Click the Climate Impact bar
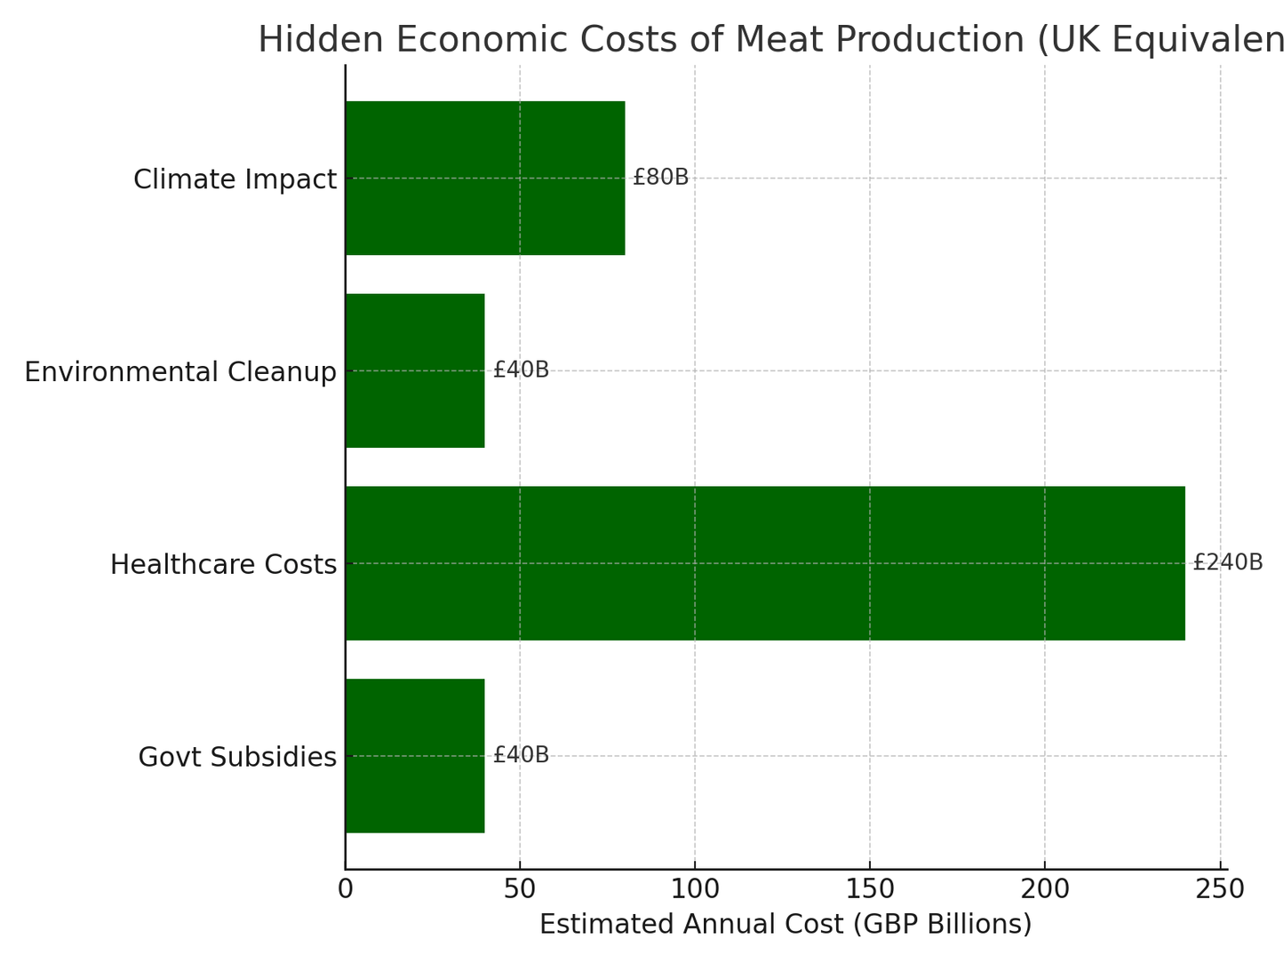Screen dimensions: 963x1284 pos(484,178)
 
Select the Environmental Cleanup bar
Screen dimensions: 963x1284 pos(415,370)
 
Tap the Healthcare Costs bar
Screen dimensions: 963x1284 pos(764,563)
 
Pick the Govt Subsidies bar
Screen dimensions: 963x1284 pos(415,756)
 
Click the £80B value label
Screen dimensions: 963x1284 pos(660,178)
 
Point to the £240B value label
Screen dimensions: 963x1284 pos(1227,562)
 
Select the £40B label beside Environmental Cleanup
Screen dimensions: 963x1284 pos(521,370)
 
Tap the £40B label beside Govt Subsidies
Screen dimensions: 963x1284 pos(521,755)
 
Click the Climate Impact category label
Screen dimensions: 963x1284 pos(235,179)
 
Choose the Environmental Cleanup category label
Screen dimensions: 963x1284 pos(180,372)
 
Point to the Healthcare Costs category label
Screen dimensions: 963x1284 pos(223,565)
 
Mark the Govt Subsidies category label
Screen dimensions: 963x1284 pos(237,758)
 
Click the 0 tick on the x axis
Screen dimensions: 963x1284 pos(346,889)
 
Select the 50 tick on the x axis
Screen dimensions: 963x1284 pos(520,889)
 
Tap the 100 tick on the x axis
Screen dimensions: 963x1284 pos(695,889)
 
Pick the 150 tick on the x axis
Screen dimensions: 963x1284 pos(870,889)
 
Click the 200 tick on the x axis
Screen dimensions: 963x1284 pos(1045,889)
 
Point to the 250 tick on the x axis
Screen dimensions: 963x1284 pos(1220,889)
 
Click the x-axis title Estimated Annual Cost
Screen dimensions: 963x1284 pos(786,925)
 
